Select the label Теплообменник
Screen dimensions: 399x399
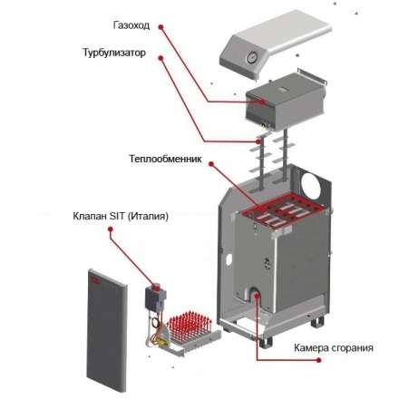point(163,158)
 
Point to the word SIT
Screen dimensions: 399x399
point(117,217)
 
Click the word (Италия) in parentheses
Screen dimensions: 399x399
point(148,217)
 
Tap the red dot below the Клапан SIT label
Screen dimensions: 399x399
point(110,229)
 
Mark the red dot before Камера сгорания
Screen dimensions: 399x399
point(320,360)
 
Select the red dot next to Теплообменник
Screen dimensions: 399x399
point(212,164)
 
